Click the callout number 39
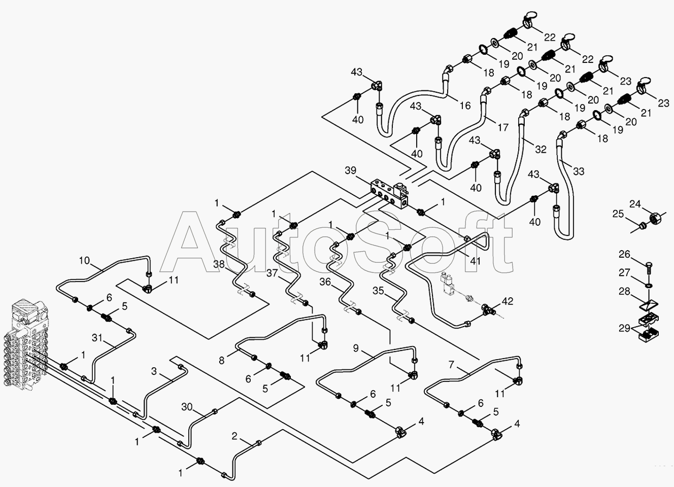[350, 170]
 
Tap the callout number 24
[635, 204]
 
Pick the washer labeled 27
[647, 285]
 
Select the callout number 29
[624, 328]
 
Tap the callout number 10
[85, 260]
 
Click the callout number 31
[97, 338]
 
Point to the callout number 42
[508, 301]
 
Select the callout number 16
[465, 106]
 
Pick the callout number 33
[578, 171]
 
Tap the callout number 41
[476, 261]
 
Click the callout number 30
[187, 407]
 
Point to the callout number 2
[234, 436]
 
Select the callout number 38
[219, 264]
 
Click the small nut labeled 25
[642, 225]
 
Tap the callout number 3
[154, 371]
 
